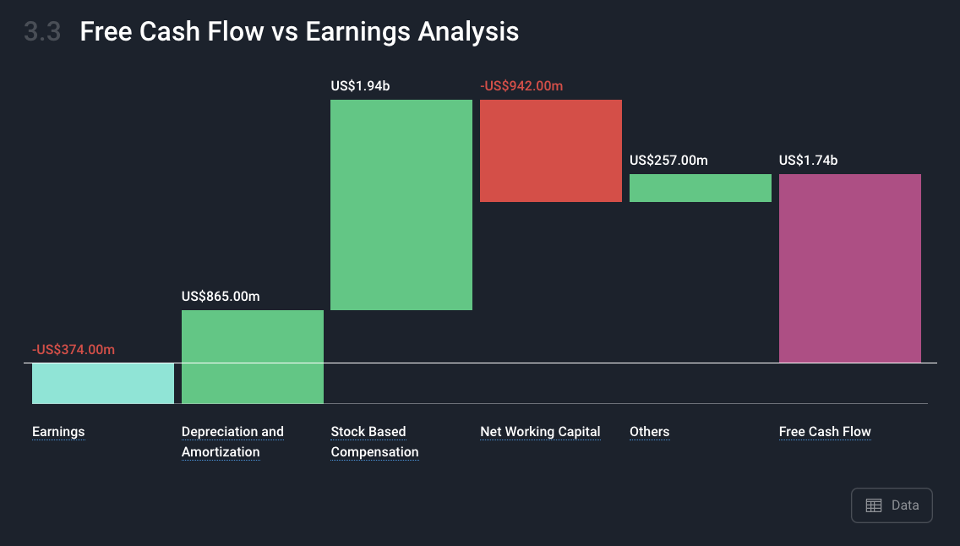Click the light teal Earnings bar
coord(103,383)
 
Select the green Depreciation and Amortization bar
coord(252,357)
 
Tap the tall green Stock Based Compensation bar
coord(401,205)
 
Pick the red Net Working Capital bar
coord(551,150)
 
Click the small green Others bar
coord(701,188)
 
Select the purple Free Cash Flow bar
coord(850,269)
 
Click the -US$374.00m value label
coord(74,350)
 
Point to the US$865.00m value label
coord(221,297)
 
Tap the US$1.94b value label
coord(360,85)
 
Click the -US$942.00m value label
coord(521,85)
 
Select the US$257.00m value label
coord(668,161)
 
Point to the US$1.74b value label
coord(808,161)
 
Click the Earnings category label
coord(58,432)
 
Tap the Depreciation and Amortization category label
coord(232,441)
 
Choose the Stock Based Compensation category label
coord(374,441)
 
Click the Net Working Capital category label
coord(540,432)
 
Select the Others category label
coord(650,432)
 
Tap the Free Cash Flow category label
coord(825,432)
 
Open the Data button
coord(892,505)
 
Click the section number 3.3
coord(42,32)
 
